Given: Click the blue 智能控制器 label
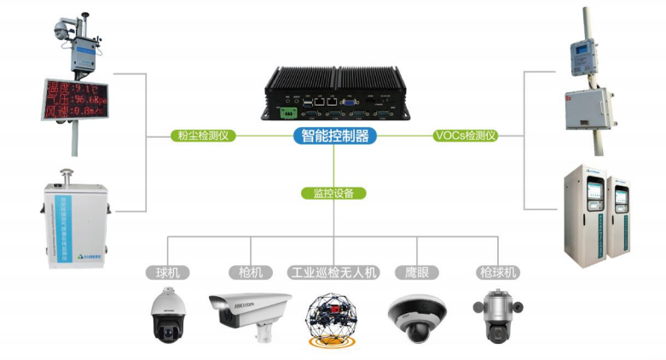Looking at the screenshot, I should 334,135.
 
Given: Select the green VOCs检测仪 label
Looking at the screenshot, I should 466,135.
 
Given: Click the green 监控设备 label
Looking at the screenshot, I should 334,193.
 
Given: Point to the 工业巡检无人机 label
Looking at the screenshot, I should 333,273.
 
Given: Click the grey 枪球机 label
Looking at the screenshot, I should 497,273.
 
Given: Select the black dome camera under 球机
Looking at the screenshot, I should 166,315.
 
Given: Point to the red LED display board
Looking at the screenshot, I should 74,98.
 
